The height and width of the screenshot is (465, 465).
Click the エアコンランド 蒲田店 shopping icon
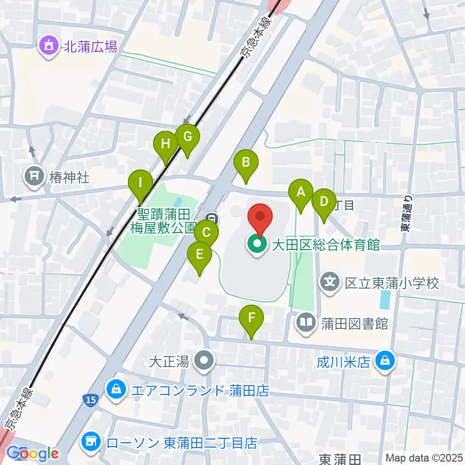coord(117,390)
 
